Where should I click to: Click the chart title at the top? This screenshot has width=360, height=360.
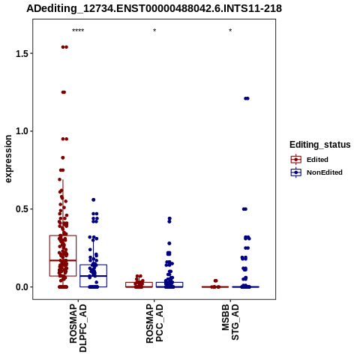pos(154,8)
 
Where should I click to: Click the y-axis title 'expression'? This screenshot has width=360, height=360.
pos(8,159)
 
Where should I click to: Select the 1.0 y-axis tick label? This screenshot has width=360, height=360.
pos(22,131)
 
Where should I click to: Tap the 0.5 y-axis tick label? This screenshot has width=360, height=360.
pos(22,209)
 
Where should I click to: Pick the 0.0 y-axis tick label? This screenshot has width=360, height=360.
pos(22,287)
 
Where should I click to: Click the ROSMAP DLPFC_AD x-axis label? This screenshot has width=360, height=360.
pos(78,328)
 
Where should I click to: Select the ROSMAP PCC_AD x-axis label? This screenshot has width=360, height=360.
pos(154,323)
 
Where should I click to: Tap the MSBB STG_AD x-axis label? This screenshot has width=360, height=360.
pos(230,322)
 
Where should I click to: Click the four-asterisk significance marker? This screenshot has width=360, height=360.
pos(78,31)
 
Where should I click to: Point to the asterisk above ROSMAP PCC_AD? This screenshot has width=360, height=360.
pos(154,31)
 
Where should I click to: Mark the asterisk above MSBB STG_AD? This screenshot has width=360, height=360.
pos(230,31)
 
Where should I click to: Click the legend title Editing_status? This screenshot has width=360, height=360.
pos(320,145)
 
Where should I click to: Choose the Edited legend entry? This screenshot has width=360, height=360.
pos(310,160)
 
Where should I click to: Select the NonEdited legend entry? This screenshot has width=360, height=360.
pos(316,172)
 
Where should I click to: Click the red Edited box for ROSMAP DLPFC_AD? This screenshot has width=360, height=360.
pos(63,256)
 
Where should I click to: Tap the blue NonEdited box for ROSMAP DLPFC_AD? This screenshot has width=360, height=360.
pos(93,276)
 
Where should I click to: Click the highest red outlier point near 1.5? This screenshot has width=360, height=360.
pos(64,47)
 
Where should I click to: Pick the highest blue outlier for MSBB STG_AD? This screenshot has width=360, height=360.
pos(247,98)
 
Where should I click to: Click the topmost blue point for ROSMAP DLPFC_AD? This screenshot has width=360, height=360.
pos(94,199)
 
